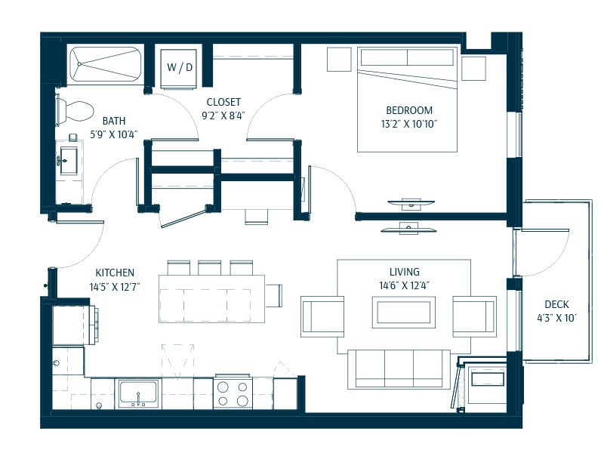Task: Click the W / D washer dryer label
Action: (x=180, y=67)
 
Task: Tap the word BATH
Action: (x=114, y=121)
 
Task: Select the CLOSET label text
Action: (x=223, y=102)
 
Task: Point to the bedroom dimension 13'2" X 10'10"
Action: (x=409, y=124)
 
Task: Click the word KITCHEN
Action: (x=115, y=273)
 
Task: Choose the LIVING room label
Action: (x=405, y=272)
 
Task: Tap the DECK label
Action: (x=556, y=304)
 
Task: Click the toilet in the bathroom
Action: (x=74, y=110)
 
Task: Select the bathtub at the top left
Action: (x=106, y=64)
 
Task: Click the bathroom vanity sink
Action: (x=69, y=161)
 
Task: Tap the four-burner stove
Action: (x=233, y=392)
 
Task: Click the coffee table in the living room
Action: (x=404, y=312)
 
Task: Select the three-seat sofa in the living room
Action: (x=399, y=369)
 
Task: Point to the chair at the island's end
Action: (x=274, y=295)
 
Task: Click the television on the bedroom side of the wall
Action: (x=411, y=204)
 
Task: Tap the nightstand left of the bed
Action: (x=339, y=60)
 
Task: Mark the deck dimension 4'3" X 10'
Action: (x=556, y=318)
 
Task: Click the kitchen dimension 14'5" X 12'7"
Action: (x=115, y=287)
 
